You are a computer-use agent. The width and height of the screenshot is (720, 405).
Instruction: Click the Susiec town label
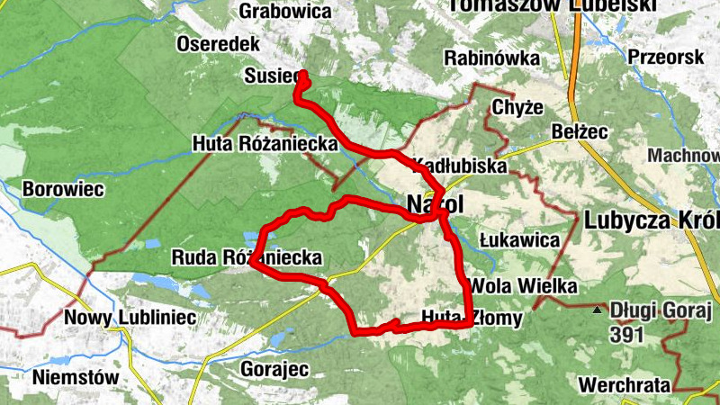269,77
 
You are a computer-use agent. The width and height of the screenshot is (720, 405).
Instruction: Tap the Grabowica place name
285,12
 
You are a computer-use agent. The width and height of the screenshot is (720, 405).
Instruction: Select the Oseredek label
219,44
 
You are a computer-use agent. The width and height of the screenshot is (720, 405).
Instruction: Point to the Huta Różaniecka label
265,144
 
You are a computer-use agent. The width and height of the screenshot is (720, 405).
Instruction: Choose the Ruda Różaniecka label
247,258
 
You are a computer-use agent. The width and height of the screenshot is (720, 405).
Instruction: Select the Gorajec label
274,369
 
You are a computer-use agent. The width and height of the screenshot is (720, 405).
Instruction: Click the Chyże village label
517,108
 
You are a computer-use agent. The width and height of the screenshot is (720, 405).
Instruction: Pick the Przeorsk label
666,56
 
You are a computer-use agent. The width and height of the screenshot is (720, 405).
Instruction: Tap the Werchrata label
625,384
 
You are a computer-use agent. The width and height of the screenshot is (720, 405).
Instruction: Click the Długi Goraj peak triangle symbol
597,311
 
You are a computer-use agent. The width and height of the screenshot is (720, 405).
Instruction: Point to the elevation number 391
628,336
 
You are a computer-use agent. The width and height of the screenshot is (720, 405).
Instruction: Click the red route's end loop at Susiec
302,81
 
